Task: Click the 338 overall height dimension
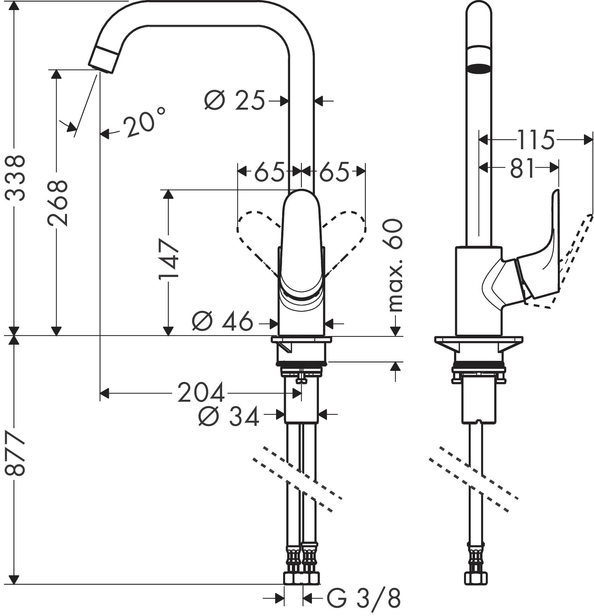click(x=15, y=178)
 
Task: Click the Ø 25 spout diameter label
click(x=235, y=100)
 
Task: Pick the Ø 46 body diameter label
click(x=222, y=321)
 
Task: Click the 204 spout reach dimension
click(x=201, y=392)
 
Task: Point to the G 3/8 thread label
click(x=364, y=597)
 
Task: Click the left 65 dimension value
click(x=269, y=171)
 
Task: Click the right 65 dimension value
click(x=334, y=171)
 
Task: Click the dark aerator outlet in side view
click(x=479, y=68)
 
